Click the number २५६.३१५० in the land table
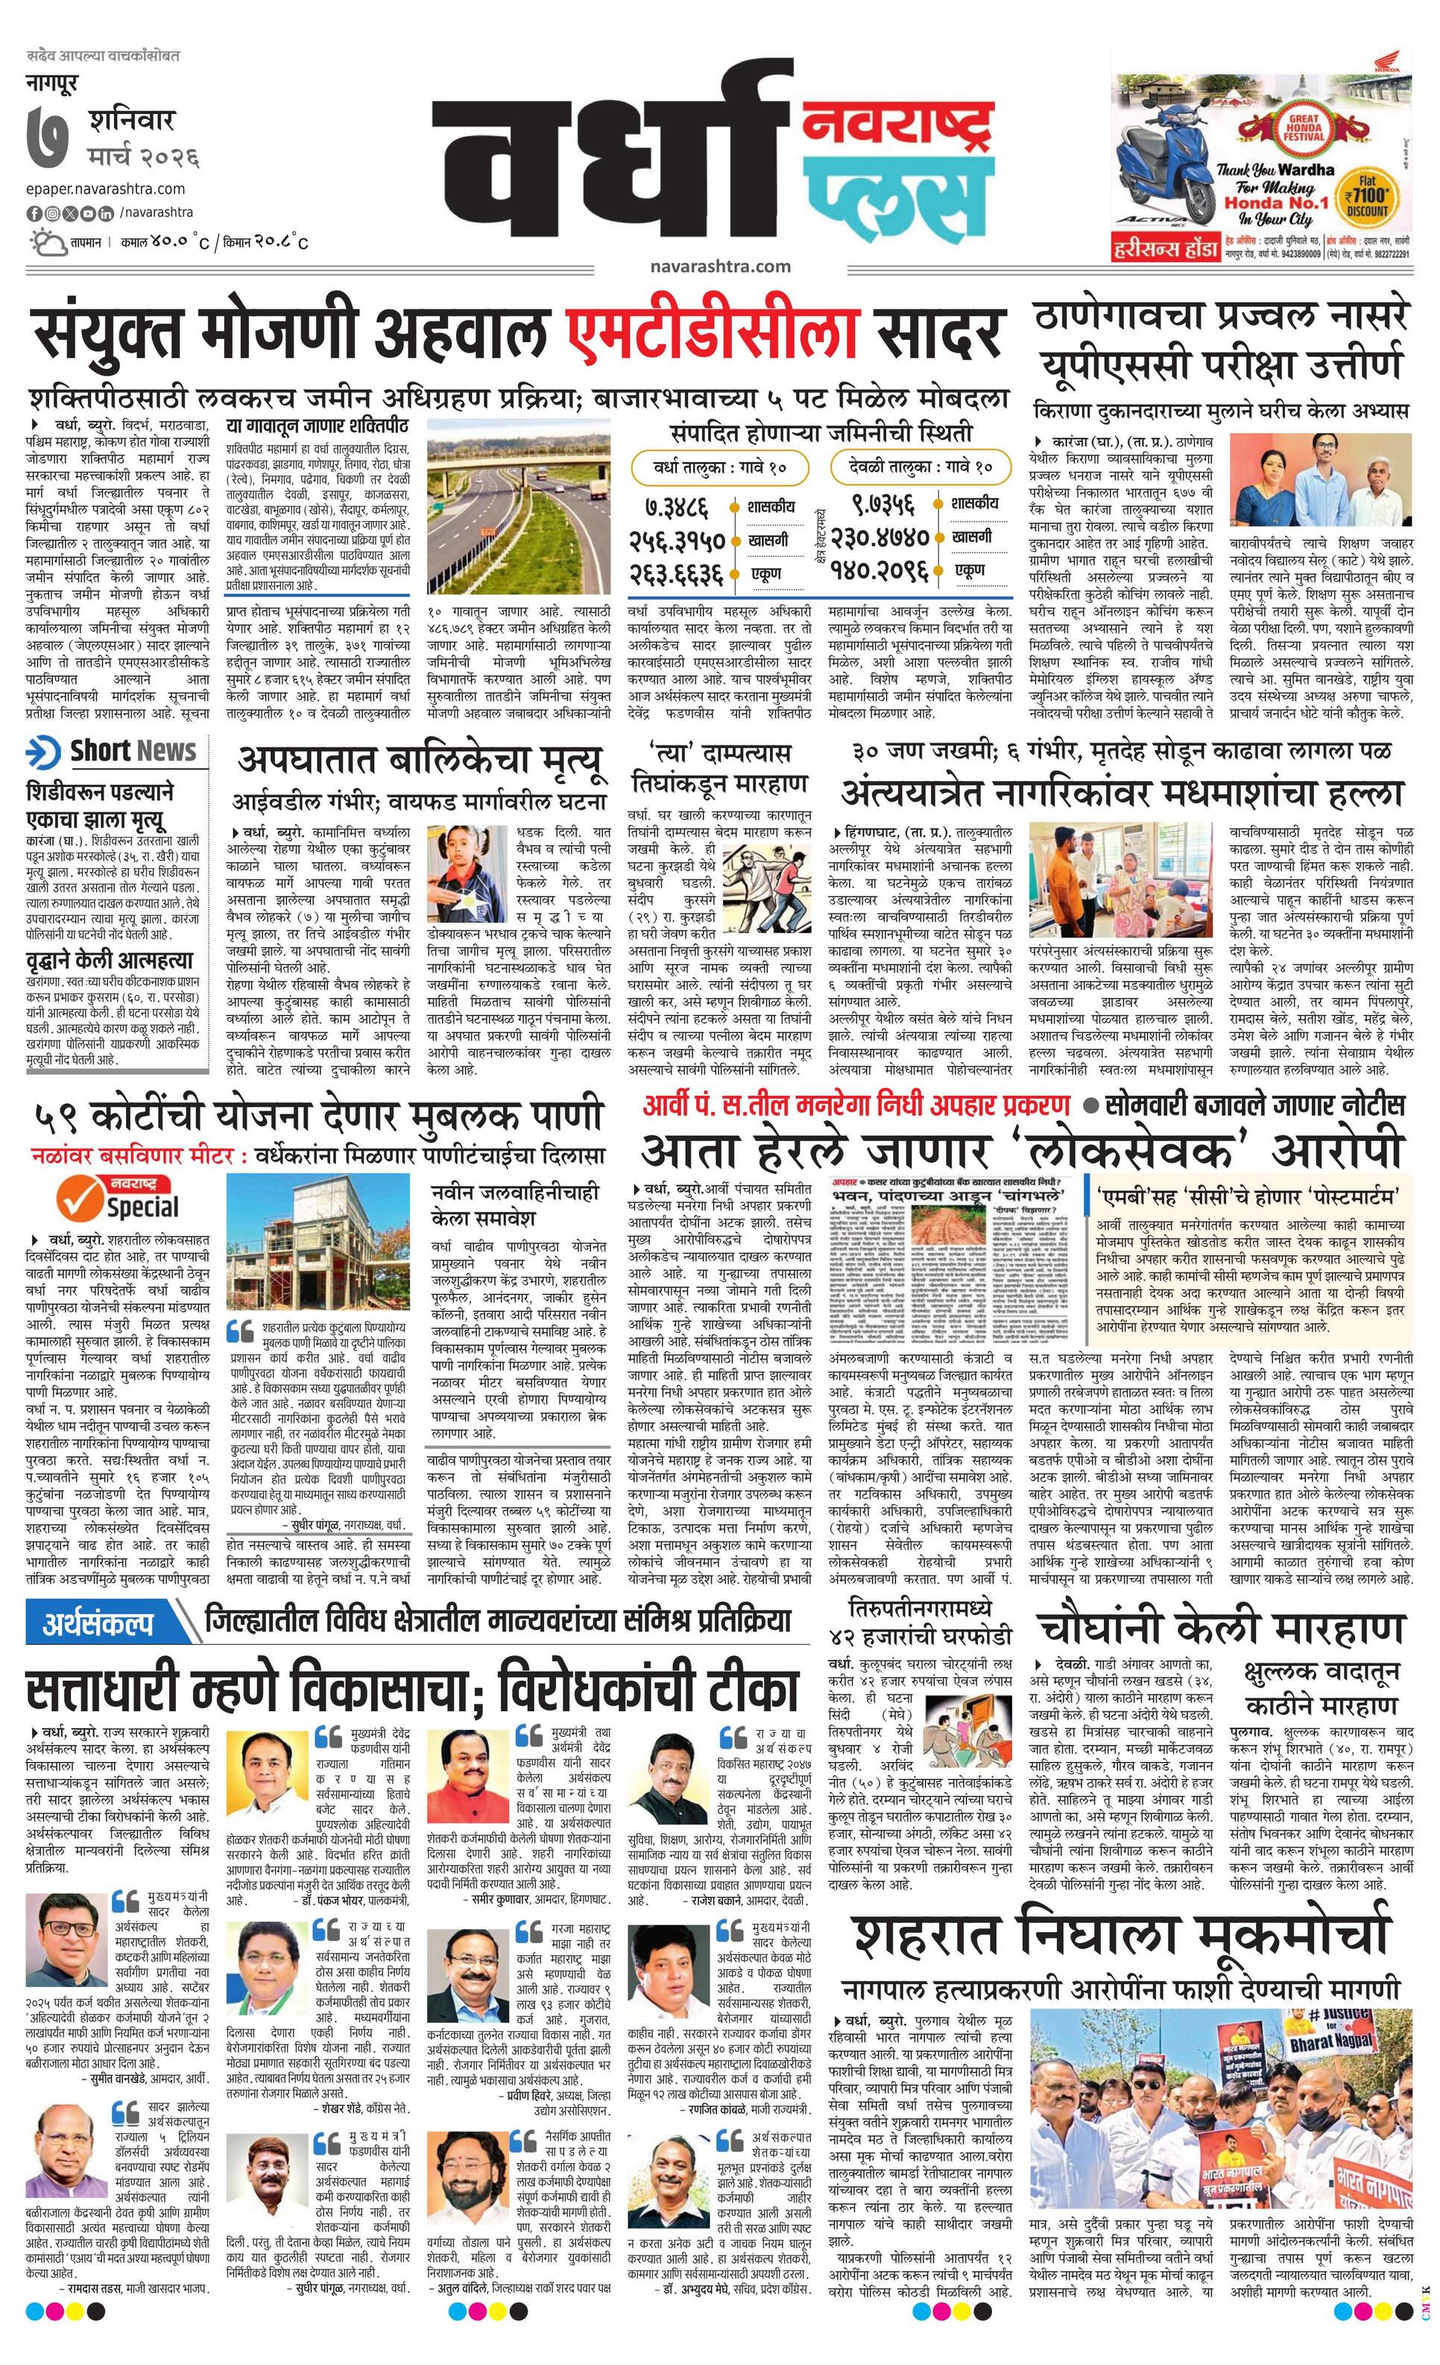point(677,540)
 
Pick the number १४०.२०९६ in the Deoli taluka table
point(880,571)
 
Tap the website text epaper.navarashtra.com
point(107,189)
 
